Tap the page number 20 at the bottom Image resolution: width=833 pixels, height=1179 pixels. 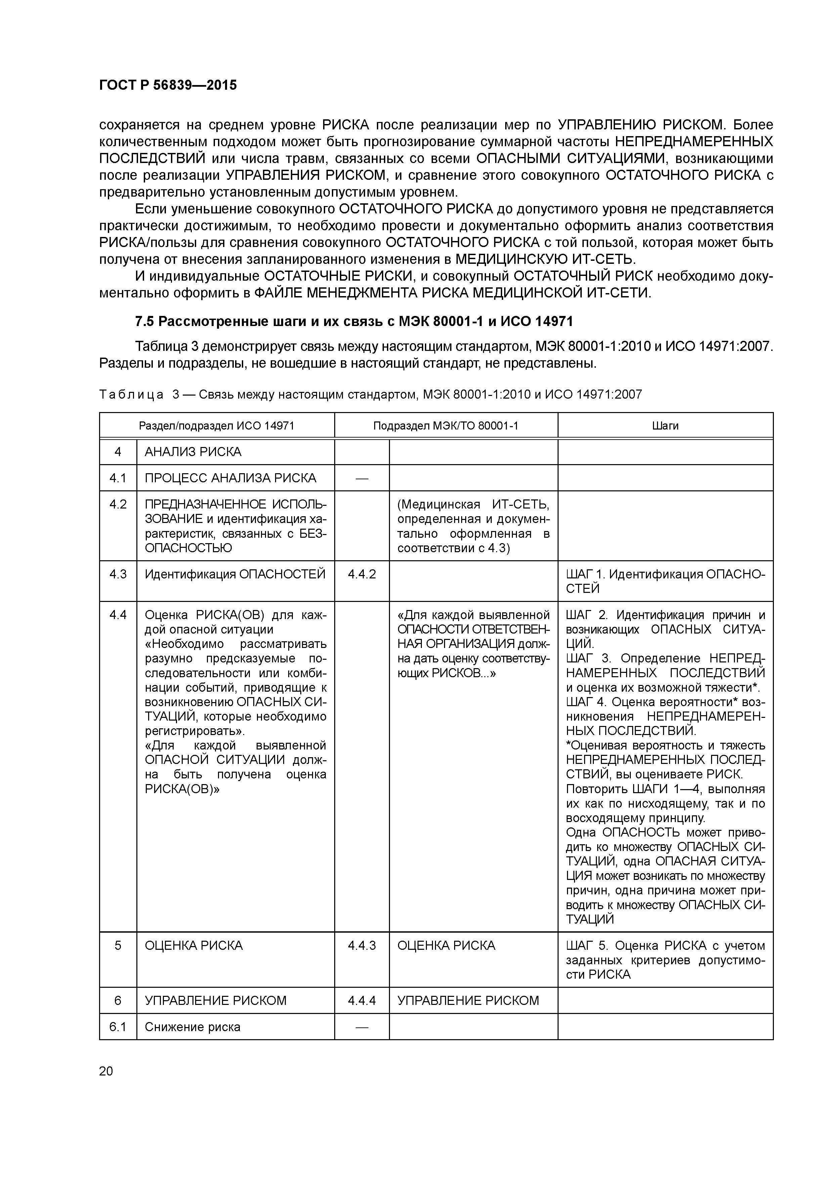point(106,1071)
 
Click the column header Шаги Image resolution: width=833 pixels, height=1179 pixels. point(665,426)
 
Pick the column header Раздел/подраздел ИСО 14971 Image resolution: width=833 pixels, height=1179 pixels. point(217,426)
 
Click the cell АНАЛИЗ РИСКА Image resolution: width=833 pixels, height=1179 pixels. point(193,452)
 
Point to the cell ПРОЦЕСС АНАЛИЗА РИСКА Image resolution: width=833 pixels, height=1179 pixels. point(230,478)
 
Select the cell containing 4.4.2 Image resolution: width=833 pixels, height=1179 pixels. point(362,574)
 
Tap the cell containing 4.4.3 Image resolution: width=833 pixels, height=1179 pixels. point(362,945)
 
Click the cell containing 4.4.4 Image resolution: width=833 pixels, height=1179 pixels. point(362,1000)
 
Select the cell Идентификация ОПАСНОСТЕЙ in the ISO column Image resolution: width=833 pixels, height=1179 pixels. point(235,574)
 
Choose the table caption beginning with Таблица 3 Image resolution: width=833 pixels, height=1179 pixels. point(370,394)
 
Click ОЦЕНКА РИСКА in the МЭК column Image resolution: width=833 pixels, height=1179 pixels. point(446,945)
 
